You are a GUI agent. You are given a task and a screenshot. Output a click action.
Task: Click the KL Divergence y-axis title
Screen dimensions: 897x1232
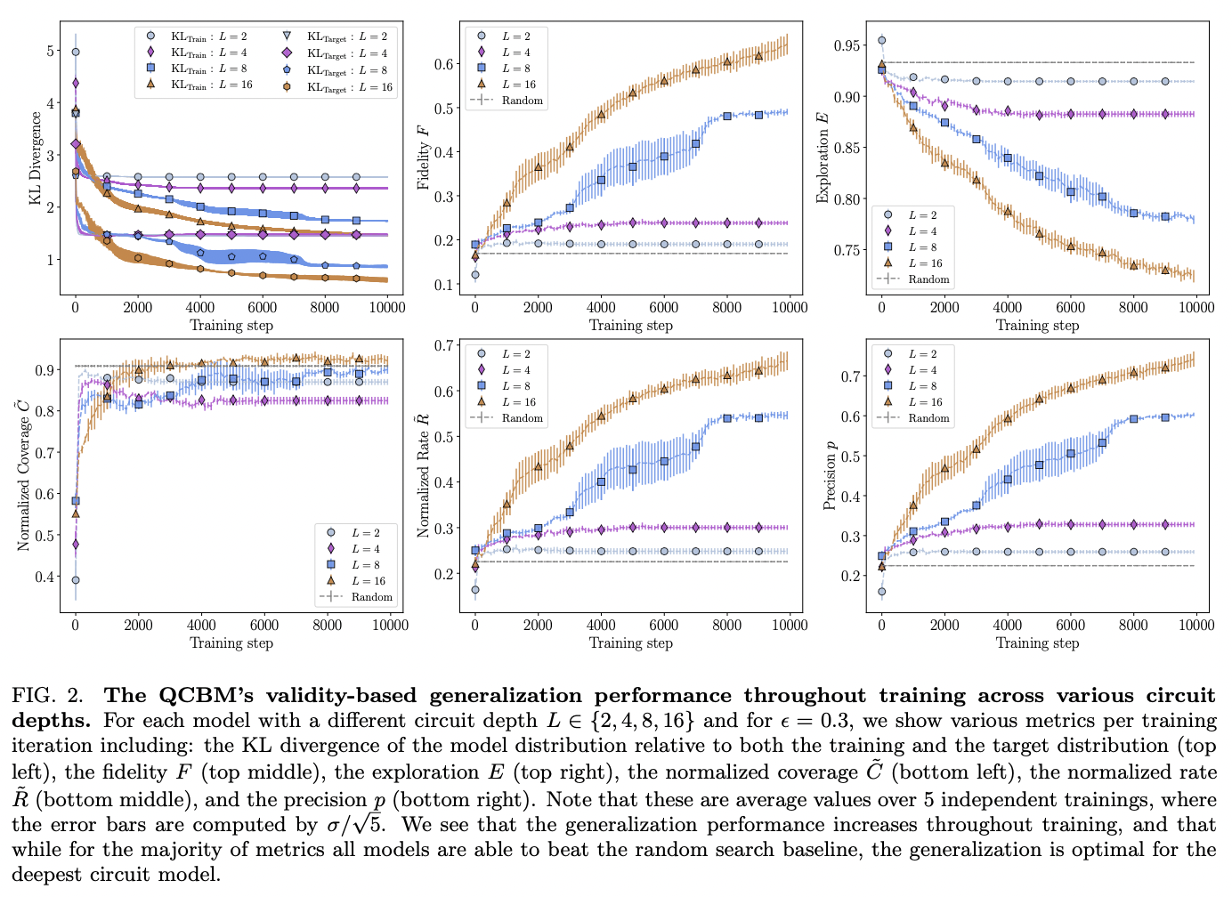(x=36, y=158)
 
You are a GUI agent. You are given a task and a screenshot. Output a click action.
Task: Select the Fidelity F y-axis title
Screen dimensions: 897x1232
(x=424, y=157)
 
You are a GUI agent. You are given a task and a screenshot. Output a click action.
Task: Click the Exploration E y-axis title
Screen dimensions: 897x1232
(x=823, y=157)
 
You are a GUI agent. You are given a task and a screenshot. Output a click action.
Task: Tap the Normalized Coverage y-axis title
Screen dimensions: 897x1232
(x=24, y=474)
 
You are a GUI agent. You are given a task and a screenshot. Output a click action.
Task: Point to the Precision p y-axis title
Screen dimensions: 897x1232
(x=830, y=474)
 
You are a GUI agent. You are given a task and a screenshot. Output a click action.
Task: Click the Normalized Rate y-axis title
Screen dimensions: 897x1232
(x=424, y=474)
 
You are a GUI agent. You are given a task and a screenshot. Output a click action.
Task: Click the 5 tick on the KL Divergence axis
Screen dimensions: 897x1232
(x=50, y=52)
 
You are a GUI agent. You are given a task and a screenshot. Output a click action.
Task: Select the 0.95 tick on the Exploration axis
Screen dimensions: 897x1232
(x=847, y=45)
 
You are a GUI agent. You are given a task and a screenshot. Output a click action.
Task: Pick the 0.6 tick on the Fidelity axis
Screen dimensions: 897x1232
(x=443, y=64)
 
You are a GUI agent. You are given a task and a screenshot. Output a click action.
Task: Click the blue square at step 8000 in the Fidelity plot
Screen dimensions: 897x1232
(x=727, y=117)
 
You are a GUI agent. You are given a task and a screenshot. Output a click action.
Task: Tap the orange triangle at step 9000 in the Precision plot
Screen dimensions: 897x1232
(x=1165, y=368)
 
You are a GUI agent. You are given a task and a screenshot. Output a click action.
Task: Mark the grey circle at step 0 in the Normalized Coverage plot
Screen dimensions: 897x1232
(x=76, y=580)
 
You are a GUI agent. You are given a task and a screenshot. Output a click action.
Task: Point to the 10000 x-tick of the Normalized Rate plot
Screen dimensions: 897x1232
(x=790, y=626)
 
